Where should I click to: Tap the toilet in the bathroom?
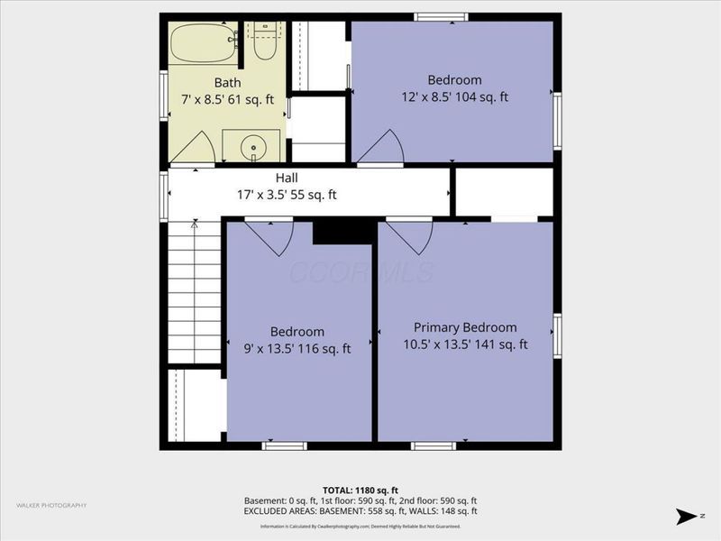click(x=264, y=43)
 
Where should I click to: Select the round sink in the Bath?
click(x=253, y=146)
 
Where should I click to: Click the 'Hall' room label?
click(x=287, y=179)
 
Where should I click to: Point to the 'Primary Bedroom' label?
click(x=465, y=327)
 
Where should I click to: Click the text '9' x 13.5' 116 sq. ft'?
click(x=297, y=348)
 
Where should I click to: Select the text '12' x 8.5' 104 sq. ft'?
click(x=454, y=96)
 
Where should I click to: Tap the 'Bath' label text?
click(x=227, y=83)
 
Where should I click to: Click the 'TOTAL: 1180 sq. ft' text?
click(x=360, y=490)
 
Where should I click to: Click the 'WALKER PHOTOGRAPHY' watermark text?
click(x=51, y=505)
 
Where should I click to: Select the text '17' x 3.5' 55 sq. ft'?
click(x=287, y=194)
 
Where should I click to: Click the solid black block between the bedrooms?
click(x=342, y=232)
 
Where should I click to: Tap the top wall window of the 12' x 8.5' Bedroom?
click(x=441, y=17)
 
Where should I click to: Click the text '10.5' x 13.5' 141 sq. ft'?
click(x=465, y=344)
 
